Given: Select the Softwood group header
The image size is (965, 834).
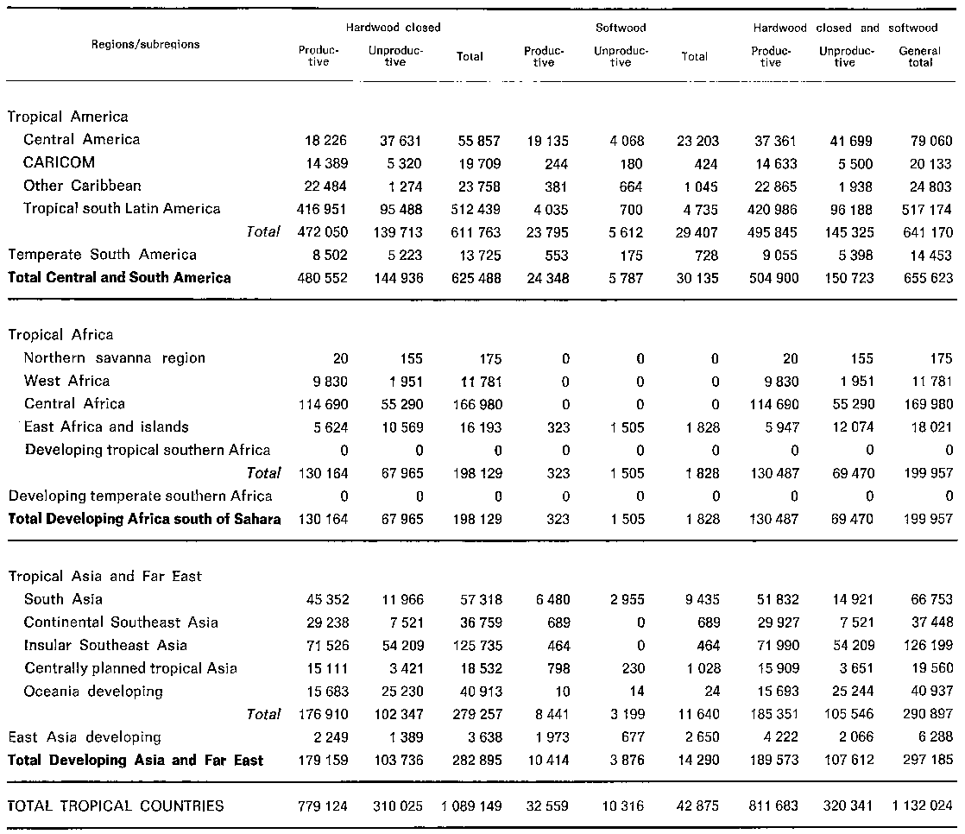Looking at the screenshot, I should click(621, 28).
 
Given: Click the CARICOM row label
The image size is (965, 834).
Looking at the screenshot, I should click(60, 162).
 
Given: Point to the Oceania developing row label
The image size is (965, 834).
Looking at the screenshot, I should click(93, 692).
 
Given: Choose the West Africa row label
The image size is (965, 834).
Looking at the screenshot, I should click(66, 381).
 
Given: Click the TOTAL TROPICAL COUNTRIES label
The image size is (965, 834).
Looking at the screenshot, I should click(116, 806).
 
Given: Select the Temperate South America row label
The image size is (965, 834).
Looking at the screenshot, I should click(102, 255).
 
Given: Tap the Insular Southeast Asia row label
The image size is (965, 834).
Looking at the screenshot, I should click(105, 645).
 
